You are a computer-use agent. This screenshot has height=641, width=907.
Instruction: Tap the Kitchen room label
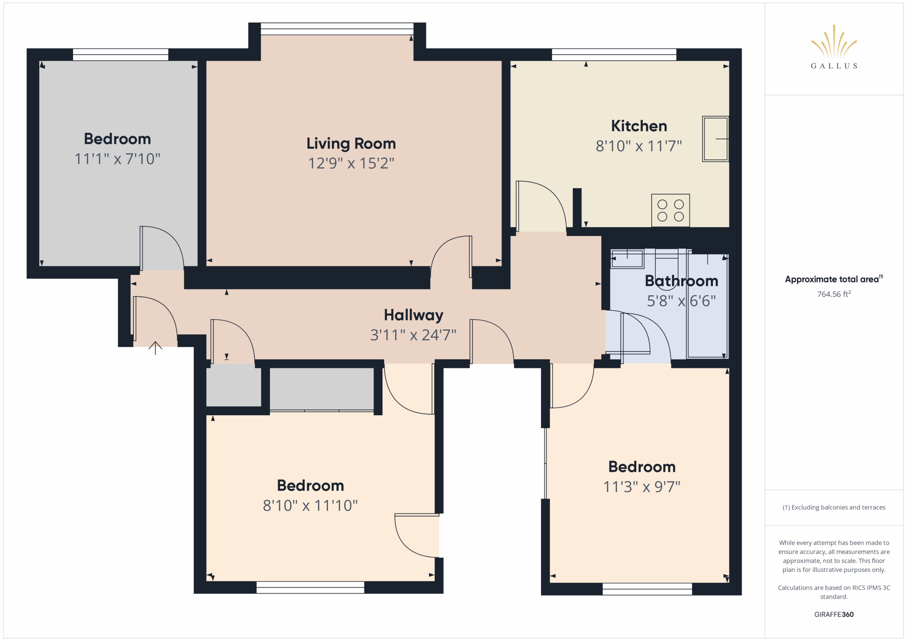tap(639, 126)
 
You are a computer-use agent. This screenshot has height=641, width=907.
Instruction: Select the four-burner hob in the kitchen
tap(670, 210)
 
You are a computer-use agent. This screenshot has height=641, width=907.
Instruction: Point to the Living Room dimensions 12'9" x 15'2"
tap(351, 163)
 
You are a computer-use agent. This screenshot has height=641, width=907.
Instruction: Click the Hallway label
tap(413, 315)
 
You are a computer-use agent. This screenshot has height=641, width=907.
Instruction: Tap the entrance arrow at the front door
tap(155, 348)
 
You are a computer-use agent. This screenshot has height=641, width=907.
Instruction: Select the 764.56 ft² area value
tap(834, 294)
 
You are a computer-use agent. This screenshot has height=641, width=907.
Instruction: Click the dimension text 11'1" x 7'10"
tap(117, 159)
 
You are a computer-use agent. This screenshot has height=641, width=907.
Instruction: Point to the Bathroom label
tap(681, 281)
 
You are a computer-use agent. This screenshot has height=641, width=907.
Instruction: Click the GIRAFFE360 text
tap(834, 614)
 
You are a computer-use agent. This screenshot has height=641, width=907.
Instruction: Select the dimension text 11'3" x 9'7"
tap(642, 487)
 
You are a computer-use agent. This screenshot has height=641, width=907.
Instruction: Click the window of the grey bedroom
tap(120, 55)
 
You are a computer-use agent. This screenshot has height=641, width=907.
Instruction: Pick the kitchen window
tap(614, 55)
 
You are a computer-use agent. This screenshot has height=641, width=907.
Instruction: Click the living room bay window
tap(337, 29)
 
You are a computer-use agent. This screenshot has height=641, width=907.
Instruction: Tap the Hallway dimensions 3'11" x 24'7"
tap(413, 335)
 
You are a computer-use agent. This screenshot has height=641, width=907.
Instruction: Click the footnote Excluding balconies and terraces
tap(834, 507)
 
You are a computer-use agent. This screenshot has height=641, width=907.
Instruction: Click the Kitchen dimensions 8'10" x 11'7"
tap(639, 146)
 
